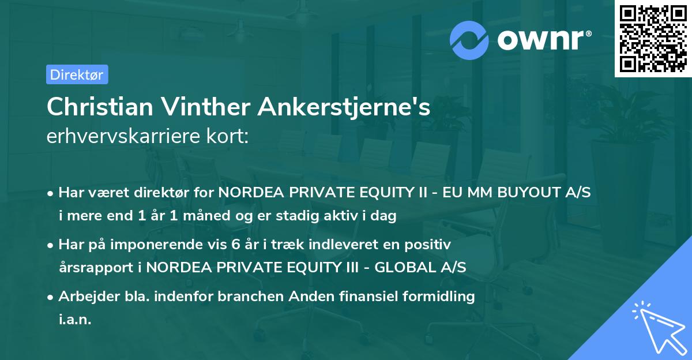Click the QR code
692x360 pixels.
(x=653, y=39)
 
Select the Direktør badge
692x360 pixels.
(x=77, y=74)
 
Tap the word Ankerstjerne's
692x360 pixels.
(x=344, y=107)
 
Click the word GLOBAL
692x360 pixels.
(x=400, y=268)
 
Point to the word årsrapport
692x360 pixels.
(x=93, y=268)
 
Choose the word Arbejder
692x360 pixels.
(x=87, y=297)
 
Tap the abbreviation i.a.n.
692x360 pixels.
(x=75, y=320)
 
